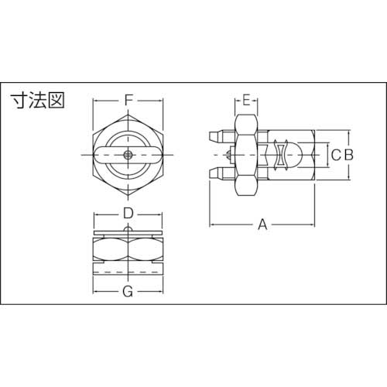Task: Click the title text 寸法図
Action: pos(37,100)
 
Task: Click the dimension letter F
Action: pos(129,100)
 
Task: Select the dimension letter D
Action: pos(129,212)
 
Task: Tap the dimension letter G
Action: pos(129,292)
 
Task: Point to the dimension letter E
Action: pos(246,100)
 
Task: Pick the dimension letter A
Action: pos(262,224)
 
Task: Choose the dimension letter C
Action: pos(334,155)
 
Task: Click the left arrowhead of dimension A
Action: pos(214,224)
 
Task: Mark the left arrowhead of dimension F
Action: pos(96,100)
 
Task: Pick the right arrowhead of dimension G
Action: pos(163,292)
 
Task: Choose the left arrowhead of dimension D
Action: pos(96,212)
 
